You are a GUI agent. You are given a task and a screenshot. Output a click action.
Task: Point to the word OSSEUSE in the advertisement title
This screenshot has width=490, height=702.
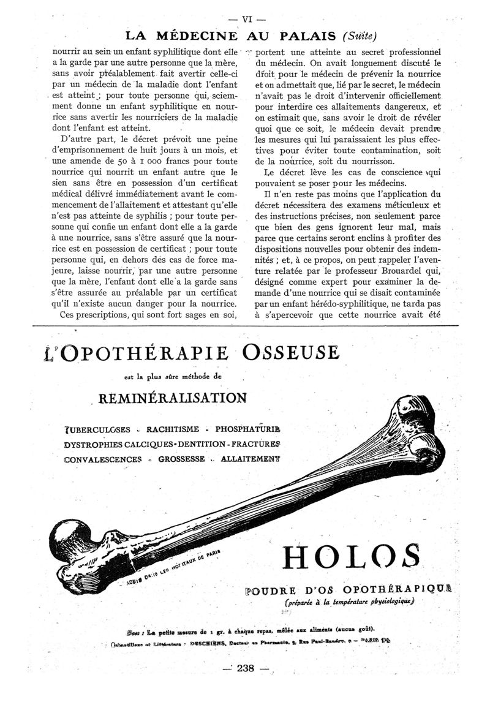point(290,353)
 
